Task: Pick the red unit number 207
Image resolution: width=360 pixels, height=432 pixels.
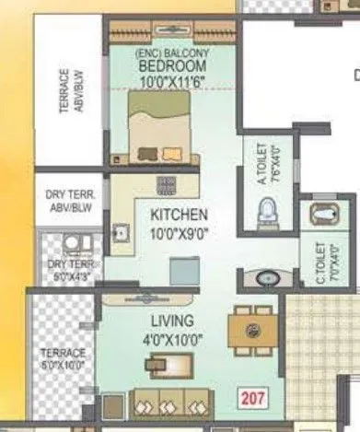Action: pyautogui.click(x=251, y=399)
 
